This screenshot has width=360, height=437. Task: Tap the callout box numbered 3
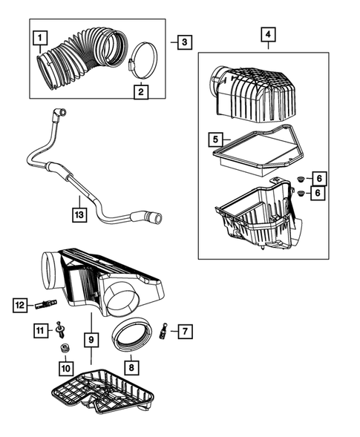point(183,42)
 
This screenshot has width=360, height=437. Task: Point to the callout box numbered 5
point(213,138)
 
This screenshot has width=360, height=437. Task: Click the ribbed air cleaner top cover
point(252,96)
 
